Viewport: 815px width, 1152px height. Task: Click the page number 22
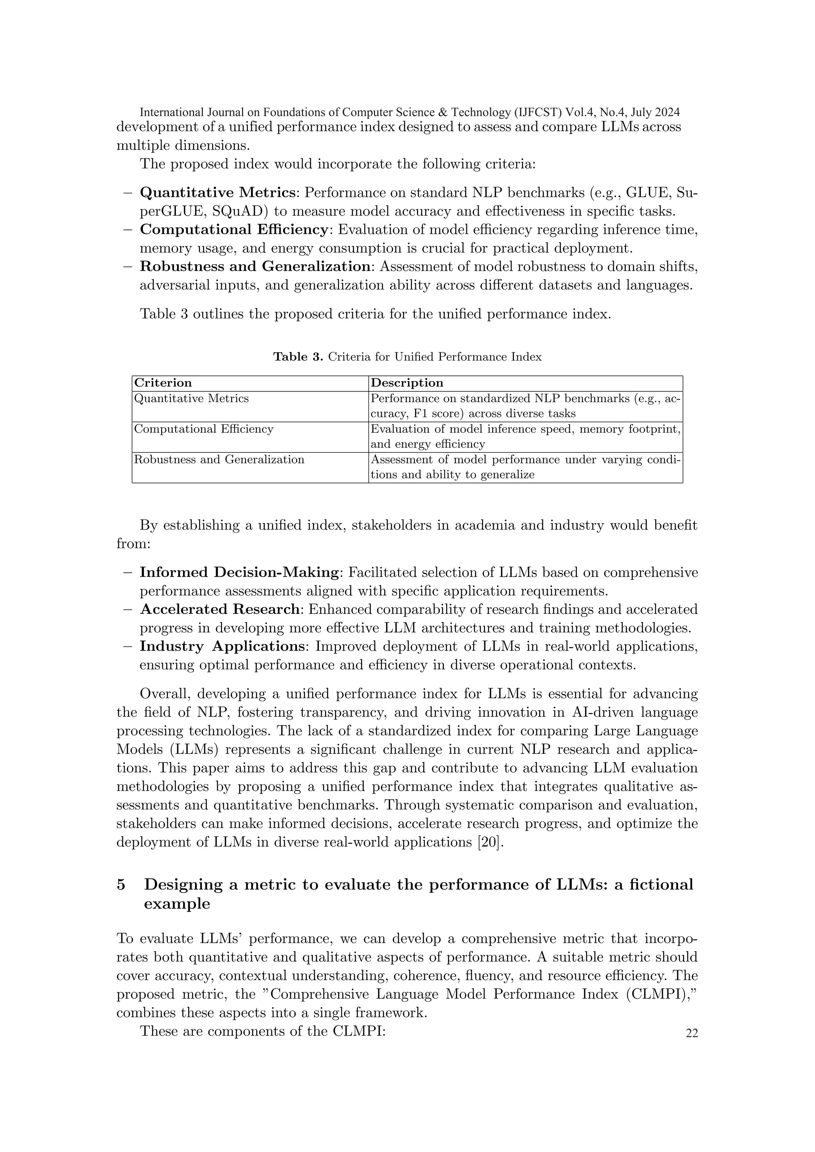(x=692, y=1033)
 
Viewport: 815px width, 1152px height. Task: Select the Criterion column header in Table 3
(x=163, y=383)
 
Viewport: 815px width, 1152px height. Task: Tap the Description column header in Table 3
(x=406, y=383)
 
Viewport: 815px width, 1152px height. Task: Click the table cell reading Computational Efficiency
(x=203, y=429)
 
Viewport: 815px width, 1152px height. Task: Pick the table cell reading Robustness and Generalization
(x=219, y=459)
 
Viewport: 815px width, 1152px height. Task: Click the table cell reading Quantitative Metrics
(x=191, y=398)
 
